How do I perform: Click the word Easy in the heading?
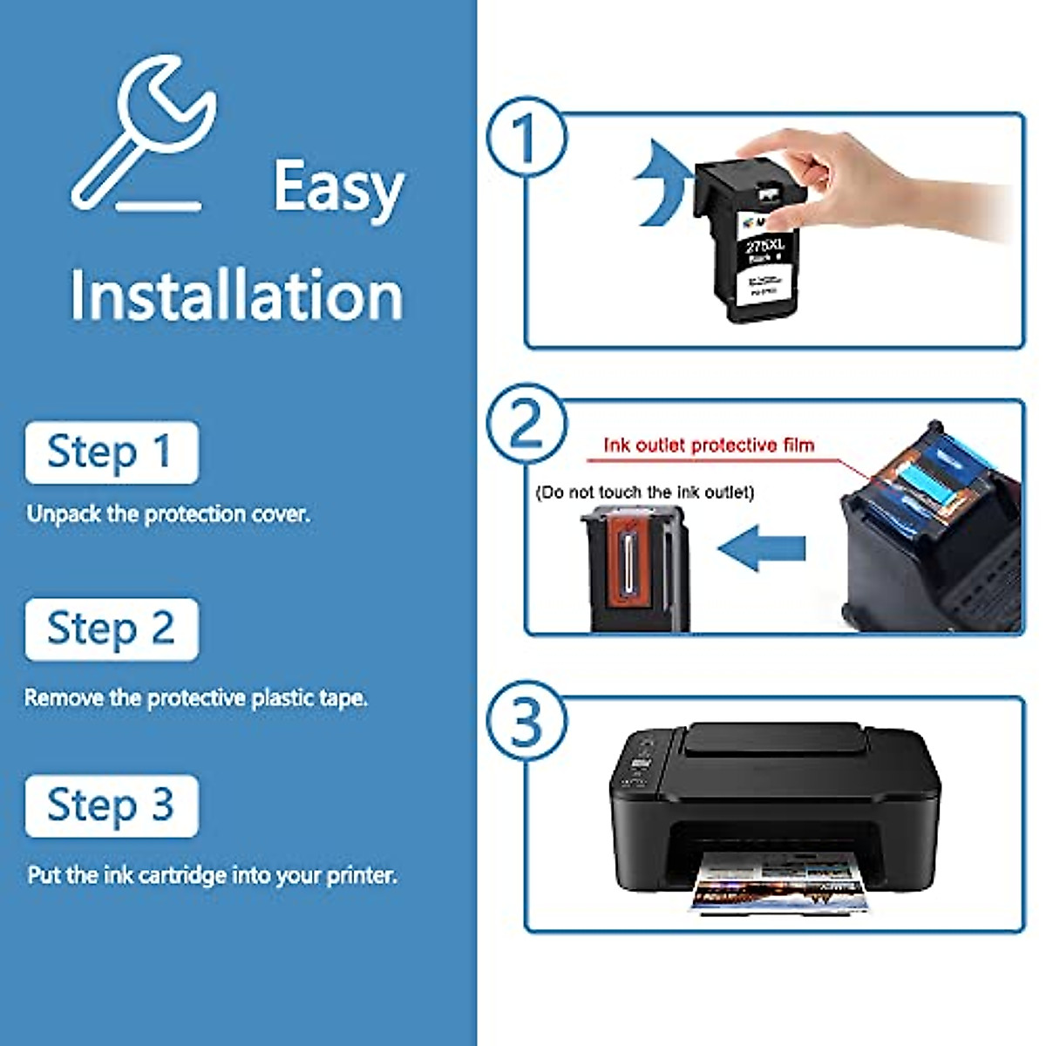338,187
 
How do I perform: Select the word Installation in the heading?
236,296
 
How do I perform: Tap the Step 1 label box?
112,452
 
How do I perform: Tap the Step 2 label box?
112,629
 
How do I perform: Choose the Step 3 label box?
112,805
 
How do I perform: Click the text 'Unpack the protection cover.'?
168,514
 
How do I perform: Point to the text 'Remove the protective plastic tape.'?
196,698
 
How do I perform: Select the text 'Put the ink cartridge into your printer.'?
212,875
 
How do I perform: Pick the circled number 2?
526,425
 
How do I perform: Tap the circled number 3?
526,722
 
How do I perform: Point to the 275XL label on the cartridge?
765,247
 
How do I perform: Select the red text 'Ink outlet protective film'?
709,445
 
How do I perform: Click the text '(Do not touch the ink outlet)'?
645,492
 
